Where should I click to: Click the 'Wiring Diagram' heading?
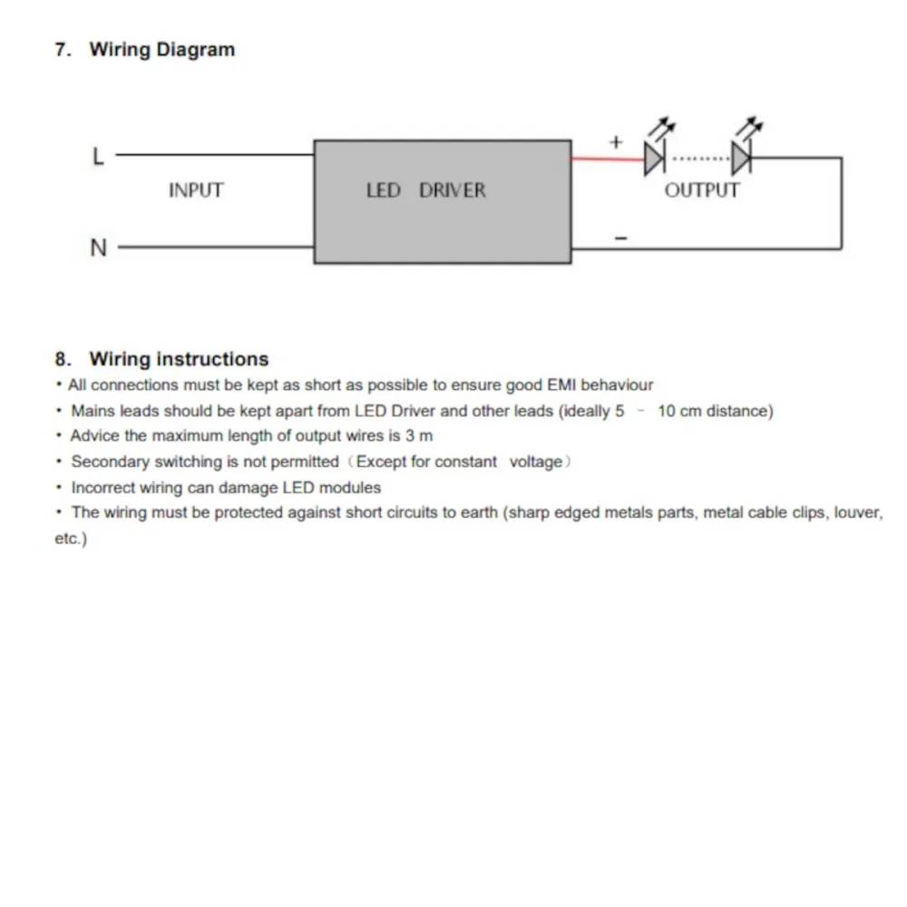click(161, 50)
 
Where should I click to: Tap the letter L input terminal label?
click(98, 157)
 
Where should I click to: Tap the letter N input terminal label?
click(98, 247)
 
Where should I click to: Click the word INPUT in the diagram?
click(195, 190)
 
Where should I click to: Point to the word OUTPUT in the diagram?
click(701, 190)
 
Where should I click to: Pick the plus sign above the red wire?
click(616, 141)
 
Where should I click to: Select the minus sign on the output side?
click(620, 238)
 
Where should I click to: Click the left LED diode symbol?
click(655, 159)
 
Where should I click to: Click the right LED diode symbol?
click(742, 159)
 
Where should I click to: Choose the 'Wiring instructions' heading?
click(179, 359)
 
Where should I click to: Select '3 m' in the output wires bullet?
click(418, 436)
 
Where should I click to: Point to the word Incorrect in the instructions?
click(103, 487)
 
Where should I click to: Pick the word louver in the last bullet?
click(857, 512)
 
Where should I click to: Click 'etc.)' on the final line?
click(71, 539)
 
